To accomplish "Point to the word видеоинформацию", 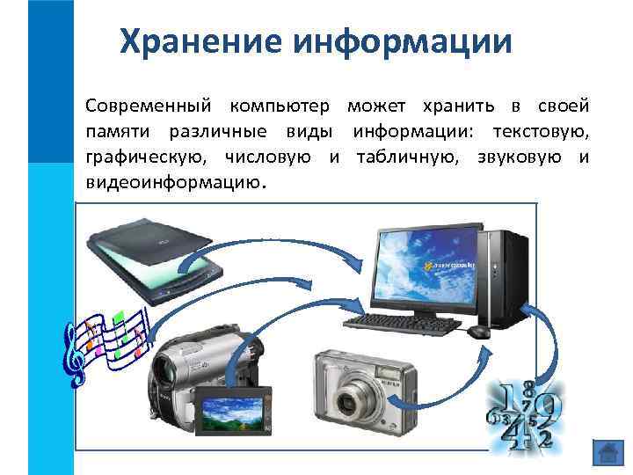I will (x=172, y=182).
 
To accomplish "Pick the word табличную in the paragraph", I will (x=410, y=157).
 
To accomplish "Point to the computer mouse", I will (x=478, y=332).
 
